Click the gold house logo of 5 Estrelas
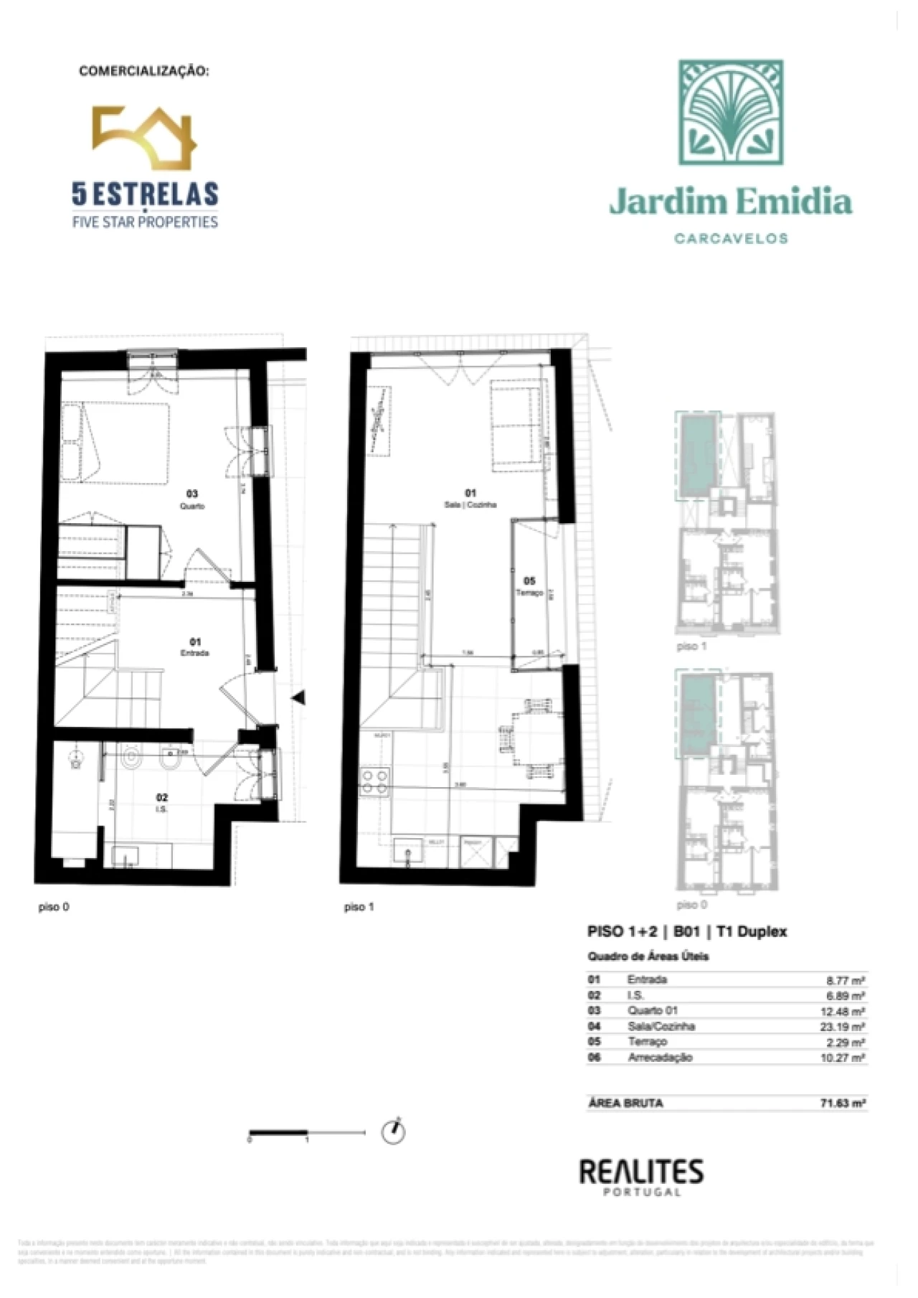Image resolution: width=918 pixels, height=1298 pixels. (x=144, y=138)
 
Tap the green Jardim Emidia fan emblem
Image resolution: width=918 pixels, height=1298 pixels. (x=731, y=112)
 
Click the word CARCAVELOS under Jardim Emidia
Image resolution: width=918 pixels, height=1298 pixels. (x=731, y=238)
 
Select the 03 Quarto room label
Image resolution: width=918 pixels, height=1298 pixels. (x=192, y=499)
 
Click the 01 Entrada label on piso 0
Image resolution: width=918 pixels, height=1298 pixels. (x=195, y=647)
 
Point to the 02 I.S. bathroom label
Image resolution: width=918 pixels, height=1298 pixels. (x=162, y=802)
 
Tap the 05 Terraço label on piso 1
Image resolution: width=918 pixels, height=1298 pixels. (x=529, y=586)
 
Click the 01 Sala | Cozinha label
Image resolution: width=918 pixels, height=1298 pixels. (x=470, y=498)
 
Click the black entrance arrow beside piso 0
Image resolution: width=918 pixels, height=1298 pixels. (x=298, y=697)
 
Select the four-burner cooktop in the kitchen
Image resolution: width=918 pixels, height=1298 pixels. (x=374, y=781)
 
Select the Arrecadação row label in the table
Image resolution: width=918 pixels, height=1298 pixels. (x=660, y=1058)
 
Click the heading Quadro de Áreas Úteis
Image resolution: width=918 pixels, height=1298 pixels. (x=648, y=956)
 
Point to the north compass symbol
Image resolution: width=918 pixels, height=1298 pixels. (x=393, y=1132)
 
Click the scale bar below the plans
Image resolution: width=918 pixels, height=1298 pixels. (x=307, y=1133)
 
